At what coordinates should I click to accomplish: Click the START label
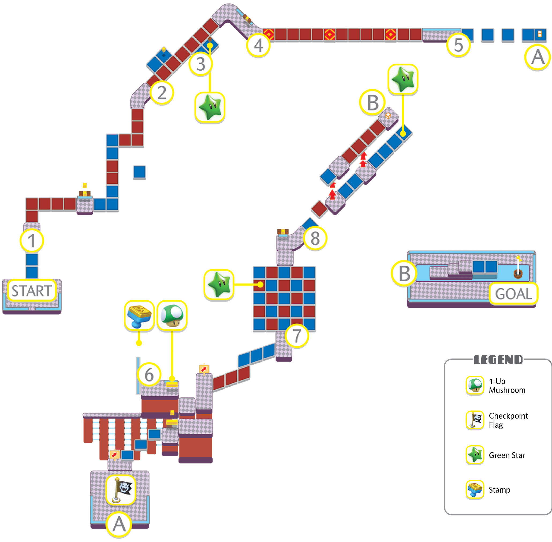click(x=32, y=290)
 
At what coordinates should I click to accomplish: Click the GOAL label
click(x=513, y=293)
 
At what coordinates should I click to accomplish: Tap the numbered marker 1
click(x=32, y=241)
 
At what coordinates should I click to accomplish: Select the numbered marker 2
click(x=162, y=93)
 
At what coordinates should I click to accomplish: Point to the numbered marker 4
click(x=258, y=45)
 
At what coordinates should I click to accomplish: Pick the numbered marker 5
click(x=458, y=45)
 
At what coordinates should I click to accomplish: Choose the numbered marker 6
click(x=149, y=374)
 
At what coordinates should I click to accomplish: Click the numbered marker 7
click(x=297, y=336)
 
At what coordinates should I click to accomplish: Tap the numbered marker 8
click(x=315, y=238)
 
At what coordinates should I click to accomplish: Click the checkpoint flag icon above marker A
click(x=121, y=490)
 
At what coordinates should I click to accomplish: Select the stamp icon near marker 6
click(x=139, y=315)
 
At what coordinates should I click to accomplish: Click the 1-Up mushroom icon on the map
click(x=172, y=315)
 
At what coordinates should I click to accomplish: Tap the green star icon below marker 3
click(x=210, y=107)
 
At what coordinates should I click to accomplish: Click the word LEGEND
click(x=498, y=360)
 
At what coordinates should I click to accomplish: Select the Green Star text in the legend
click(x=507, y=455)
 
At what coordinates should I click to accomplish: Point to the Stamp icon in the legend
click(x=475, y=489)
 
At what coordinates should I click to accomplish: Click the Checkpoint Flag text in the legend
click(x=508, y=420)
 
